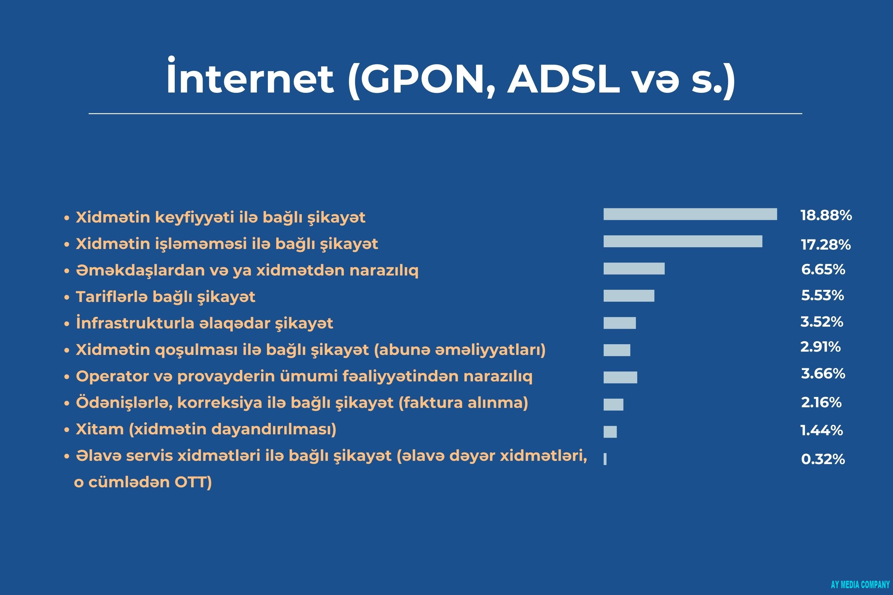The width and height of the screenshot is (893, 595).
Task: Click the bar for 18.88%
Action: coord(690,214)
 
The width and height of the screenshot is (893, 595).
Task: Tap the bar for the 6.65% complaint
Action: coord(634,268)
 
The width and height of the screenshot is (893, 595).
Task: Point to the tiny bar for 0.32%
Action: coord(605,459)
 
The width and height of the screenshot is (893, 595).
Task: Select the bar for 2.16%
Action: coord(613,405)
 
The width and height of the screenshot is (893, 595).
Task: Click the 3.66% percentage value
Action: coord(823,374)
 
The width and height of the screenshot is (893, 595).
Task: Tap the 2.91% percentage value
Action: coord(820,347)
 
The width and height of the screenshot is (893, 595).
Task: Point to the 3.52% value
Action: coord(822,322)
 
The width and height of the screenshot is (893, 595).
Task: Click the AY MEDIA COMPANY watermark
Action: coord(860,584)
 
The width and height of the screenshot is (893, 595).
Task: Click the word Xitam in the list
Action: coord(100,429)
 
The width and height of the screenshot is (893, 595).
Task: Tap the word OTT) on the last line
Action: coord(193,482)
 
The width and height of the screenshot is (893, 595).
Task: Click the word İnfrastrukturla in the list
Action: coord(135,322)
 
